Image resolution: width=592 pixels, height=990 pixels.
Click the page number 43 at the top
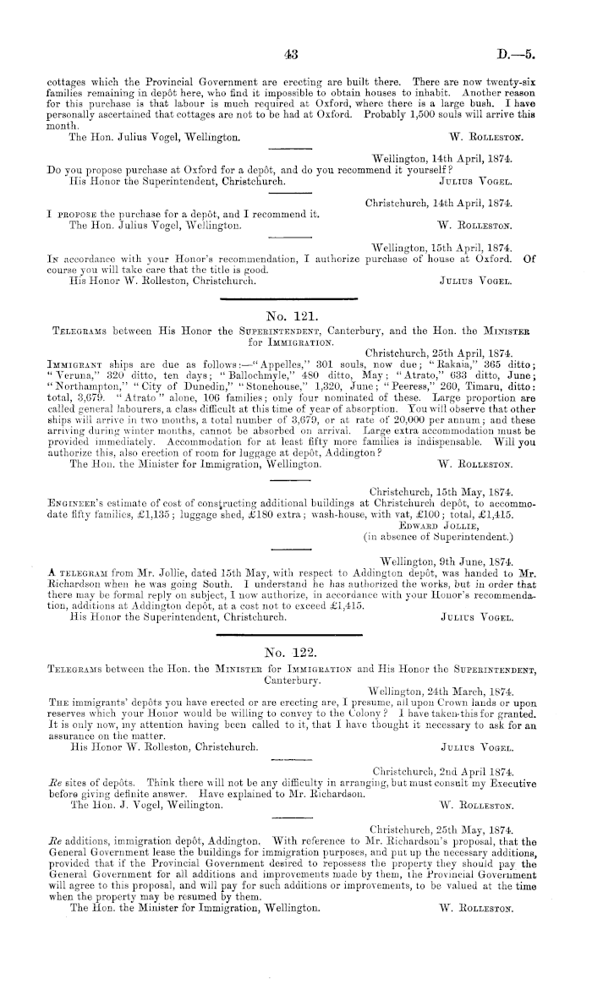coord(293,54)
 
